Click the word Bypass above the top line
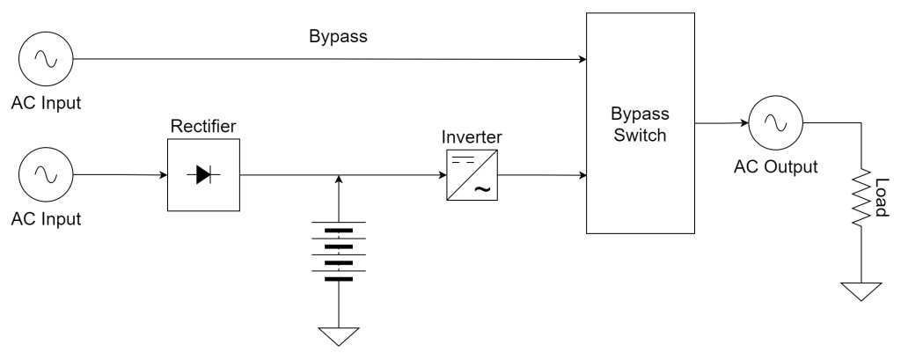pyautogui.click(x=338, y=37)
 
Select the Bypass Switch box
pyautogui.click(x=641, y=123)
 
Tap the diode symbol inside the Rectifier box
pyautogui.click(x=203, y=175)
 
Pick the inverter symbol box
pyautogui.click(x=472, y=175)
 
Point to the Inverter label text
pyautogui.click(x=472, y=137)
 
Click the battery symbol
pyautogui.click(x=339, y=253)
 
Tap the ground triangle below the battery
pyautogui.click(x=339, y=336)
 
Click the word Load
pyautogui.click(x=882, y=200)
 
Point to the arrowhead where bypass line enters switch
pyautogui.click(x=582, y=60)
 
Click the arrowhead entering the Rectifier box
pyautogui.click(x=163, y=175)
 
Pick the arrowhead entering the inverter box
pyautogui.click(x=442, y=175)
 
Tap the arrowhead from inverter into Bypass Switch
pyautogui.click(x=582, y=175)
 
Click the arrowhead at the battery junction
pyautogui.click(x=339, y=180)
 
